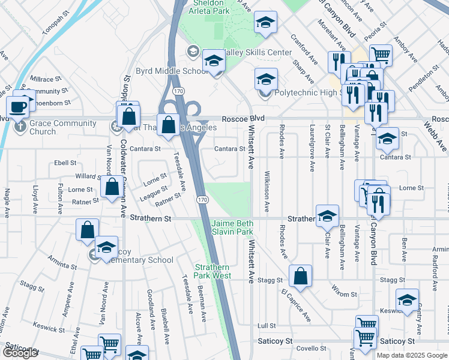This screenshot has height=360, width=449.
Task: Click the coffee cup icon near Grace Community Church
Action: (x=18, y=107)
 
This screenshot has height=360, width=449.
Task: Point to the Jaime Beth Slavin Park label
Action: (x=232, y=227)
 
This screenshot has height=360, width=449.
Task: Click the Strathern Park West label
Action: (x=212, y=271)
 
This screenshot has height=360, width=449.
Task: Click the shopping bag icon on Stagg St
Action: (x=300, y=277)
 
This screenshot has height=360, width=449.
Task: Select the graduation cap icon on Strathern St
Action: (x=327, y=216)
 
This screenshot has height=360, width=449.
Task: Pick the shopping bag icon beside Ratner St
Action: (x=112, y=187)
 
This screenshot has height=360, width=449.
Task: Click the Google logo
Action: (x=20, y=353)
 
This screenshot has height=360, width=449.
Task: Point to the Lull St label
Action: (x=266, y=325)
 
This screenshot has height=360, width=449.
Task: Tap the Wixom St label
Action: (x=345, y=295)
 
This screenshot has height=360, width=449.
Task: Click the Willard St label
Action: (x=88, y=176)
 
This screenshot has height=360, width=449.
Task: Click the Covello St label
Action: (x=311, y=348)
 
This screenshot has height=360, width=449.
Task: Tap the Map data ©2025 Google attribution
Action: (x=412, y=355)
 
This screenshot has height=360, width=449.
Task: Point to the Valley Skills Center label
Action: (x=259, y=53)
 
